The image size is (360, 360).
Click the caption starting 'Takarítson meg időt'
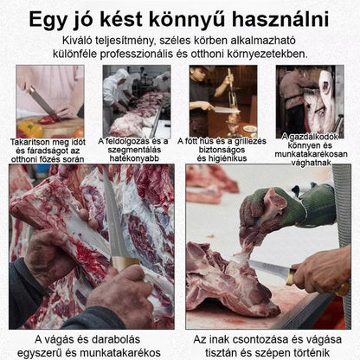click(x=48, y=149)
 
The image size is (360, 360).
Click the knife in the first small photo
click(x=43, y=100)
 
